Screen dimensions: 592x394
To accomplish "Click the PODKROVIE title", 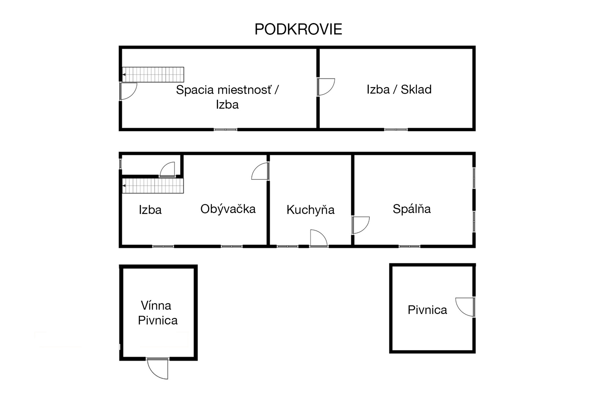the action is pos(298,29).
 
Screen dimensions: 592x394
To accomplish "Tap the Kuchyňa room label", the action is pos(310,210).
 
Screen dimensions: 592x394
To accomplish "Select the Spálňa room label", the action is pos(412,209).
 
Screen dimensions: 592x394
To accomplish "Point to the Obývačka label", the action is pos(228,209).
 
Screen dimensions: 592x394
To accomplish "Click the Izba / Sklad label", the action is pos(399,89).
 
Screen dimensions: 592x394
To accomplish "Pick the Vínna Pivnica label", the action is pos(158,313).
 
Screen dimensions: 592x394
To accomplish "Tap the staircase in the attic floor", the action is pos(153,74).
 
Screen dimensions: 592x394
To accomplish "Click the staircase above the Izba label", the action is pos(153,186).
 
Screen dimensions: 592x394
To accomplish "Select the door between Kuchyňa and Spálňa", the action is pos(360,225).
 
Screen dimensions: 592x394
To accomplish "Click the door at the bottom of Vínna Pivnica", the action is pos(158,368).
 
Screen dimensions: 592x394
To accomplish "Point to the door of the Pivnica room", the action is pos(465,307).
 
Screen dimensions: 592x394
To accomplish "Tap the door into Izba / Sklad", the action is pos(326,87).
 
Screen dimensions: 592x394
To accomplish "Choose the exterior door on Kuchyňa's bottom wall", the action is pos(319,238).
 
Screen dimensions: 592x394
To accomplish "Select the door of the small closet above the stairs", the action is pos(167,169).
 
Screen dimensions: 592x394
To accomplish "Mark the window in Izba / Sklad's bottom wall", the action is pos(396,130).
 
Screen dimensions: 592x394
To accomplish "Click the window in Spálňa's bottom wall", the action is pos(409,247).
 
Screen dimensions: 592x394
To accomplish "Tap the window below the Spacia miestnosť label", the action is pos(225,130).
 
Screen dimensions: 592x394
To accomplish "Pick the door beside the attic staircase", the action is pos(128,91).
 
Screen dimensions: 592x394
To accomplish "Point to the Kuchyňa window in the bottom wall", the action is pos(287,247).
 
